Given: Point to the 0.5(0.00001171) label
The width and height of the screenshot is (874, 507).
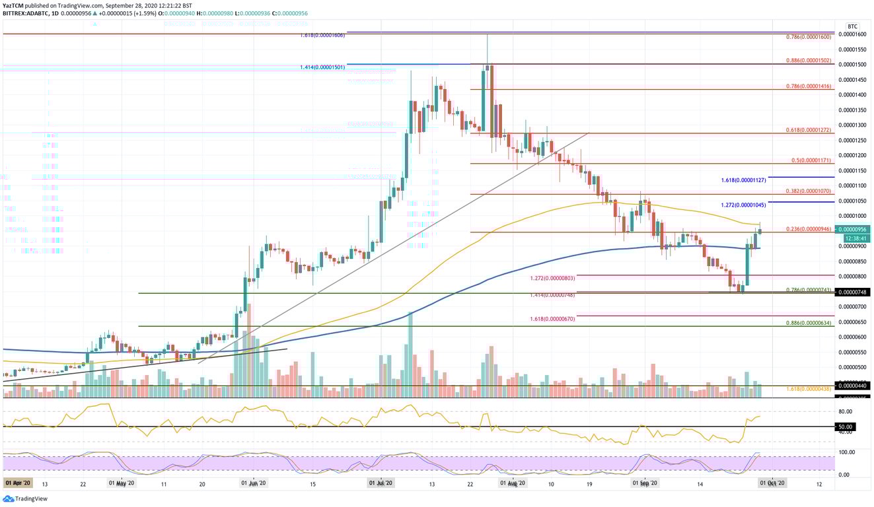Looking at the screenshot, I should click(813, 160).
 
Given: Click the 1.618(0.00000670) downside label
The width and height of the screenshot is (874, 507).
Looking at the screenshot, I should click(553, 319).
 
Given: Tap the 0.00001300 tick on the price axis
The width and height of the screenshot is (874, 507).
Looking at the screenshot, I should click(852, 125).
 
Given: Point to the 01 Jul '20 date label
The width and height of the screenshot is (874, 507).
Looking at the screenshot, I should click(381, 483).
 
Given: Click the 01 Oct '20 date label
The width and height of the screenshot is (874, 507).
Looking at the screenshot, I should click(773, 483).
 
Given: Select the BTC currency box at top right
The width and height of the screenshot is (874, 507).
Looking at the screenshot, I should click(852, 26).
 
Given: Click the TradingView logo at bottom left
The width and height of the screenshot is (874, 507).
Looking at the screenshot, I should click(19, 500).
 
